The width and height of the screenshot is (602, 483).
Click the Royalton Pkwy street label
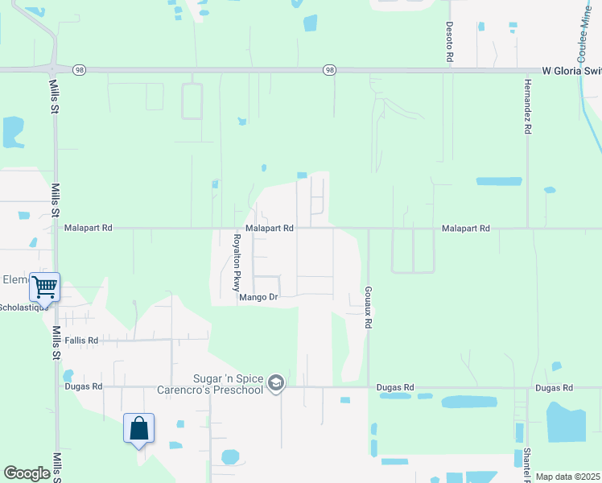point(237,262)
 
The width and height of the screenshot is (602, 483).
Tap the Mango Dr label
point(258,297)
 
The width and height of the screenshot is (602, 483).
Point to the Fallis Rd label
point(81,341)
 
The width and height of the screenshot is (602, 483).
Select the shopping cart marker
point(44,287)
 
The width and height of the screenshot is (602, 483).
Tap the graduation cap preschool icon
point(276,383)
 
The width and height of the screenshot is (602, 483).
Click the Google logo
point(27,473)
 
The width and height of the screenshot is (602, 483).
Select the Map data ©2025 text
point(567,477)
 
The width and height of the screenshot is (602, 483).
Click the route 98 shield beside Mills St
point(78,70)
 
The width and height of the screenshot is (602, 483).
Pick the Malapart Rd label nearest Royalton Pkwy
point(269,229)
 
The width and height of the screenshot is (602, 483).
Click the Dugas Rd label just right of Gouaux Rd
point(396,387)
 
